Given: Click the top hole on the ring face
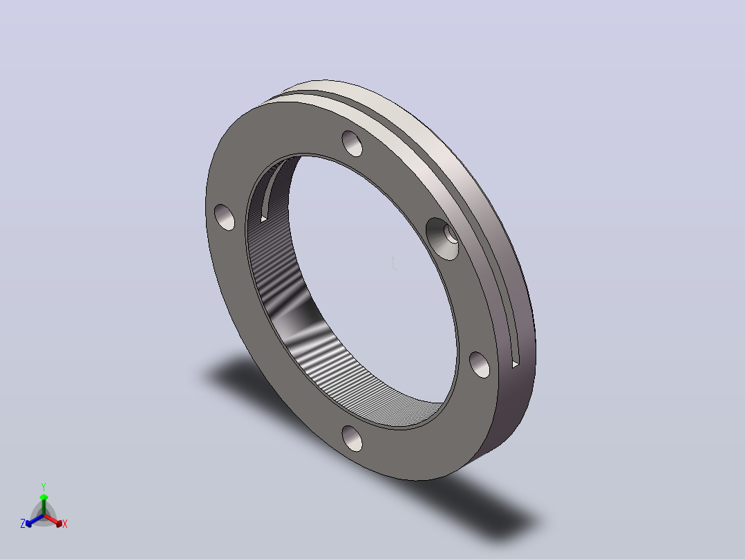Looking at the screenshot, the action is [x=352, y=143].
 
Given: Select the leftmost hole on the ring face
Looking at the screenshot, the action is [x=225, y=217].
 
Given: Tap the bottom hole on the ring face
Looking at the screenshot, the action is [x=352, y=438].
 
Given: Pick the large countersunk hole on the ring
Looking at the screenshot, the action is [x=442, y=239].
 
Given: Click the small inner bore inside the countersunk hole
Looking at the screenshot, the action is [x=451, y=234].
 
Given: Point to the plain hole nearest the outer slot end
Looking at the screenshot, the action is [x=480, y=365].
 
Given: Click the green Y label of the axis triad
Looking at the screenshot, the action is [x=44, y=486].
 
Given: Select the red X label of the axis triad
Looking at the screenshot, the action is [x=65, y=524].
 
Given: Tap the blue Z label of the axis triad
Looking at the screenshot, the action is [x=23, y=523].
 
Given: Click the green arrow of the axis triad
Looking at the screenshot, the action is [x=44, y=505].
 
